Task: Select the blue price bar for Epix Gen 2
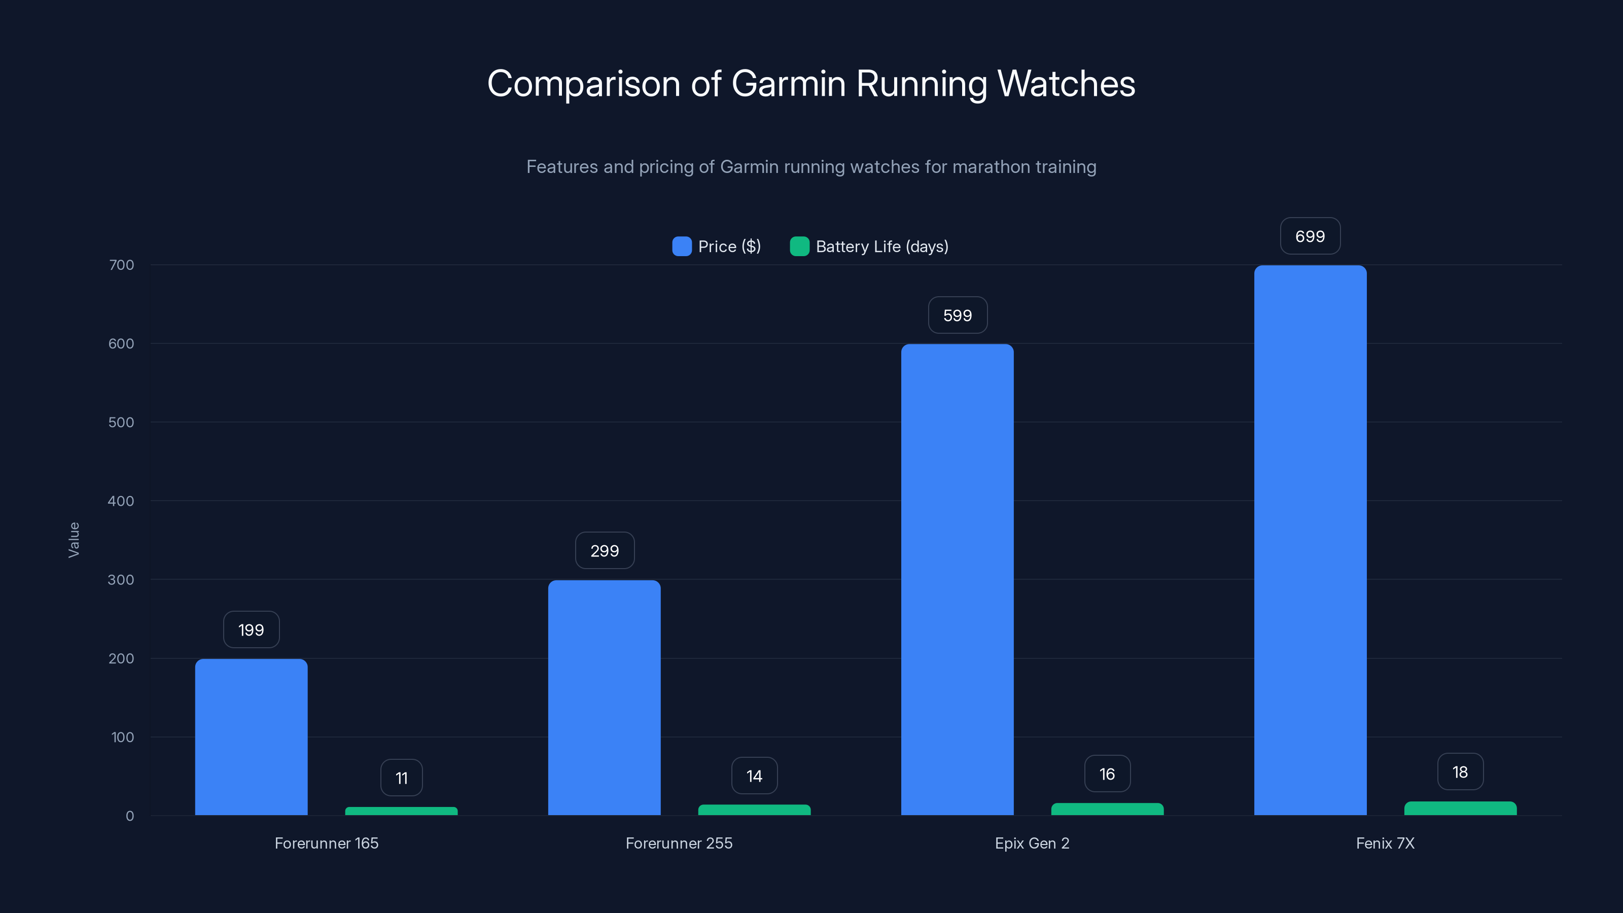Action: coord(957,579)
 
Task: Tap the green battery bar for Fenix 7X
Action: coord(1460,809)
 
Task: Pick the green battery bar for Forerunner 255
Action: coord(754,810)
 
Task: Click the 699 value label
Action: coord(1310,236)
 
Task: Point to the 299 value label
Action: coord(604,551)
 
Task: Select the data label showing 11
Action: coord(401,778)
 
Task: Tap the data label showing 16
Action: coord(1107,774)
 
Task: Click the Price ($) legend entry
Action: coord(717,247)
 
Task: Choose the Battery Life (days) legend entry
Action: coord(869,247)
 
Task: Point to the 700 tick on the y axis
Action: coord(121,265)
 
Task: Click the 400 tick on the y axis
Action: coord(121,501)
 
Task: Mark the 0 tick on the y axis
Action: coord(130,816)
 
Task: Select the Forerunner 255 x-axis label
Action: coord(679,843)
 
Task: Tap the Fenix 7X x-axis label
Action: coord(1385,843)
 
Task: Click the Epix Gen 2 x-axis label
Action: coord(1032,843)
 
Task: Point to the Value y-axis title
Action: coord(74,539)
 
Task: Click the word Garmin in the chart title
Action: coord(788,84)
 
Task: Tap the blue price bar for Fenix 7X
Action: coord(1310,540)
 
